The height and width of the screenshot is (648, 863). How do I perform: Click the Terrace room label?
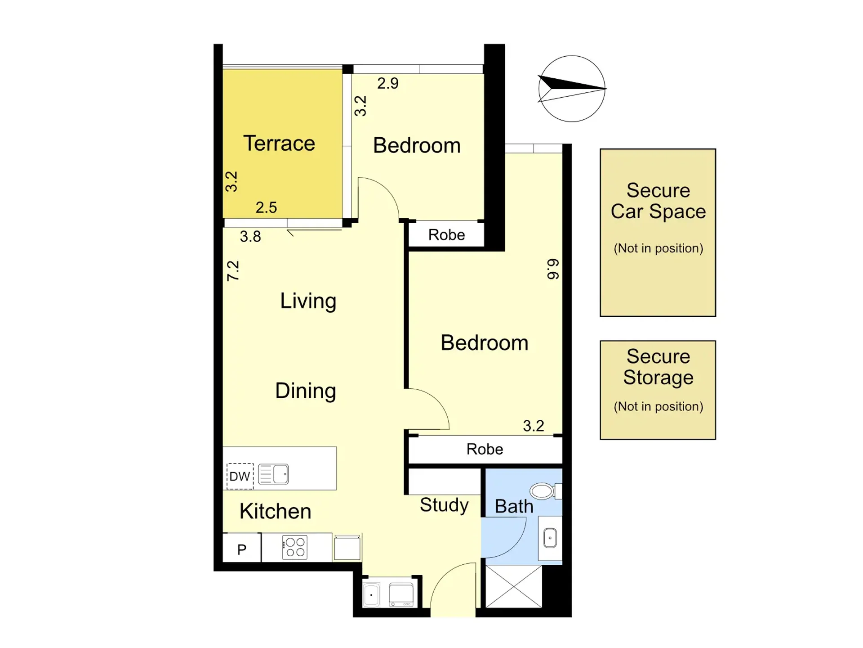[x=279, y=144]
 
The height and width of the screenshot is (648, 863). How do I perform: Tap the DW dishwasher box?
[x=240, y=476]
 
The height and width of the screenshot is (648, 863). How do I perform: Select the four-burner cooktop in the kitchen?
[x=295, y=547]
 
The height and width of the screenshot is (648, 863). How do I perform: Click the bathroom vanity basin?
[x=550, y=538]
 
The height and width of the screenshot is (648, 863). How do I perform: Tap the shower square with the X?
[x=514, y=586]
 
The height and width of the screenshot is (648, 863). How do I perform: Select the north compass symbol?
[x=572, y=89]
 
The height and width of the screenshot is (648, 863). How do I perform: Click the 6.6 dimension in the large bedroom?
[x=553, y=269]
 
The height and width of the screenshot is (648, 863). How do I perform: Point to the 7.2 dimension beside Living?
[x=233, y=271]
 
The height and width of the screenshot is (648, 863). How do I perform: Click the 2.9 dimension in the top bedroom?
[x=388, y=83]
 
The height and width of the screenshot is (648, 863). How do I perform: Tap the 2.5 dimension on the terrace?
[x=266, y=207]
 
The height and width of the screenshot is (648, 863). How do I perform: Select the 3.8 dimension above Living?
[x=250, y=237]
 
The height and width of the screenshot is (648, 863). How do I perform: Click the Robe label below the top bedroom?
[x=446, y=235]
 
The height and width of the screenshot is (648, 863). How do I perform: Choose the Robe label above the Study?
[x=485, y=449]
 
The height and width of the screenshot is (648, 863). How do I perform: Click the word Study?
[x=444, y=505]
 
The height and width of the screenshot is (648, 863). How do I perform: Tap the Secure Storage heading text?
[x=658, y=367]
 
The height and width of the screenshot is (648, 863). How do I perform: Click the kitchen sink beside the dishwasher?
[x=273, y=474]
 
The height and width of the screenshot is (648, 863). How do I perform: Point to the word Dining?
[x=306, y=391]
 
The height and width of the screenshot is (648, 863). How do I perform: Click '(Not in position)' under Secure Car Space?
[x=658, y=248]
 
